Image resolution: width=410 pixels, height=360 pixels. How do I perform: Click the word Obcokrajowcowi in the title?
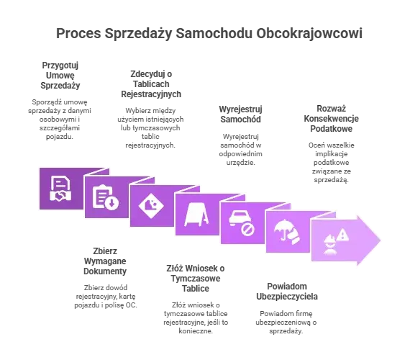coord(309,34)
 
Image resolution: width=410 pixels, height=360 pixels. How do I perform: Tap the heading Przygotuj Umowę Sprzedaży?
coord(60,76)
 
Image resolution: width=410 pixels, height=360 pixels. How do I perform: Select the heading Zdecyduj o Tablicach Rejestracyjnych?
coord(151,84)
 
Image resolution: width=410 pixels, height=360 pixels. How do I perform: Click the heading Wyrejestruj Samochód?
coord(240,114)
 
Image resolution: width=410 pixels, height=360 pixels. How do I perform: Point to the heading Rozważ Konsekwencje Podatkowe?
coord(331,119)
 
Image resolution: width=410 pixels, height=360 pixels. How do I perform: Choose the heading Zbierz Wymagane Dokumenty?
coord(105,261)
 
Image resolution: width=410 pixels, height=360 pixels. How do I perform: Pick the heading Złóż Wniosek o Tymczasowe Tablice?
coord(196,279)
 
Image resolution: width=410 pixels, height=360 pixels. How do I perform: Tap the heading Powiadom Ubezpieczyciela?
coord(287,292)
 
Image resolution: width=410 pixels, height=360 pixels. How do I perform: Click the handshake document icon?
coord(60,189)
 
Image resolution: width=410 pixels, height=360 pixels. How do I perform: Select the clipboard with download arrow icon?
coord(105,197)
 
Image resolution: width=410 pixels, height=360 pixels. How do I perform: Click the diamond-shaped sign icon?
coord(151,206)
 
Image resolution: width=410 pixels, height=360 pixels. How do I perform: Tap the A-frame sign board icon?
coord(196,215)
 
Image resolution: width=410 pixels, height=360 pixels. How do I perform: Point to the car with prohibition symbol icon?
coord(242,223)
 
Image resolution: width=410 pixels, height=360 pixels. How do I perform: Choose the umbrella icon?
coord(286,232)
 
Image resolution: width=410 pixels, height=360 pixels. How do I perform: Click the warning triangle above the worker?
coord(342,235)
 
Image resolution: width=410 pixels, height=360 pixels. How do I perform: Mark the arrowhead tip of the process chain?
coord(381,240)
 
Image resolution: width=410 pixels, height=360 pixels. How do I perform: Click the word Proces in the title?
coord(78,34)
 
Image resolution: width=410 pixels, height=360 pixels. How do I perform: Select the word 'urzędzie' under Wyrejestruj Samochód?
coord(240,163)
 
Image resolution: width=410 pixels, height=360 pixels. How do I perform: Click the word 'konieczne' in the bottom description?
coord(196,331)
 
